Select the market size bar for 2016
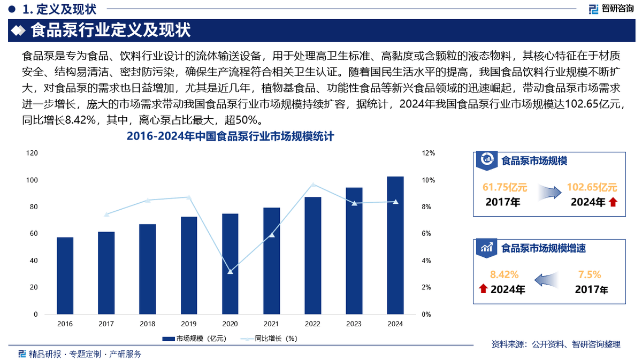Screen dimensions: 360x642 (x=65, y=275)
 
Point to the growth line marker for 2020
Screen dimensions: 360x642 (x=230, y=272)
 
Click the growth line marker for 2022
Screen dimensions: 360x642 (x=313, y=185)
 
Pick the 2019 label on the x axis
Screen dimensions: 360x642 (x=189, y=324)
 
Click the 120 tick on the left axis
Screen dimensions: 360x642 (x=32, y=153)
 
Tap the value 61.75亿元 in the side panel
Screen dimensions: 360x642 (x=505, y=187)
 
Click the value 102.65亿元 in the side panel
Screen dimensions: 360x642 (x=592, y=187)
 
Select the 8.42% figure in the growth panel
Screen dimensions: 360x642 (x=505, y=275)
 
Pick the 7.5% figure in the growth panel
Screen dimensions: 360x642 (x=590, y=275)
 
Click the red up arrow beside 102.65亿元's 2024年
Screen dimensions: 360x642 (x=613, y=202)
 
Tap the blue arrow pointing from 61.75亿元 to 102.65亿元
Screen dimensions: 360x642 (x=548, y=193)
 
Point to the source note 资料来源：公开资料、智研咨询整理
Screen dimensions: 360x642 (x=556, y=344)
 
